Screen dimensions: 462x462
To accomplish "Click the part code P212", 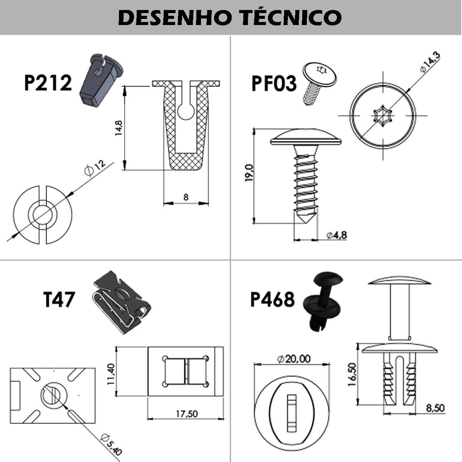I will coord(48,83).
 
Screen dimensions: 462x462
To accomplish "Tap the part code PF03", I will coord(274,84).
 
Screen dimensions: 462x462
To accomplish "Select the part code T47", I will coord(59,300).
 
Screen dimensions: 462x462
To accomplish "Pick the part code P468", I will coord(272,300).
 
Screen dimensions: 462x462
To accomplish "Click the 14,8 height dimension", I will coord(119,128).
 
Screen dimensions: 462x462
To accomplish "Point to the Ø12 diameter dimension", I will coord(94,168).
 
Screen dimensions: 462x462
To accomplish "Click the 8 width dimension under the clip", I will coord(186,198).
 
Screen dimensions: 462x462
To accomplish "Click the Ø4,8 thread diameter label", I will coord(336,235).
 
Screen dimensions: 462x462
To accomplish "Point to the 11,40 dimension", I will coord(111,374).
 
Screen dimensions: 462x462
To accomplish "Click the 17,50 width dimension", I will coord(187,414).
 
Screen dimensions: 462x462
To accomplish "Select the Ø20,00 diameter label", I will coord(293,359).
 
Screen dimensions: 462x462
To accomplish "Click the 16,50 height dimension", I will coord(352,374).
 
